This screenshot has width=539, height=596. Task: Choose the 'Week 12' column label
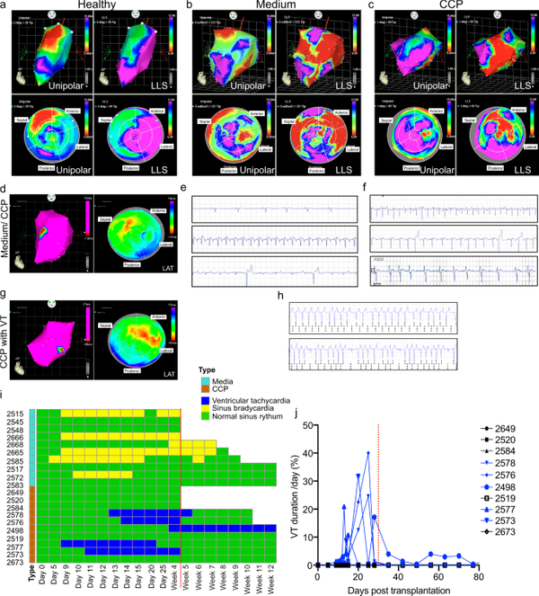point(268,581)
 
